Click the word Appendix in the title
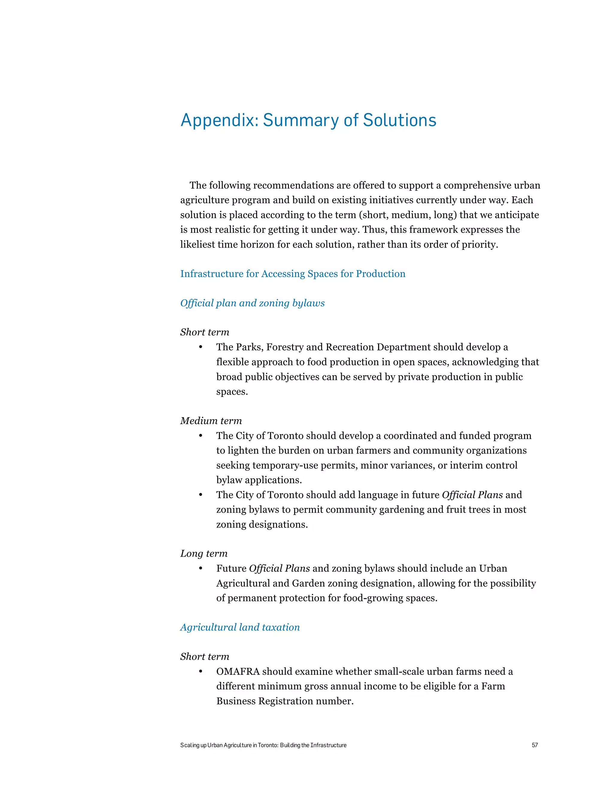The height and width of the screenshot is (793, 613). pyautogui.click(x=219, y=120)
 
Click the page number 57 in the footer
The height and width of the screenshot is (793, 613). pyautogui.click(x=535, y=745)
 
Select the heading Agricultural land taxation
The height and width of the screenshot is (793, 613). pyautogui.click(x=240, y=627)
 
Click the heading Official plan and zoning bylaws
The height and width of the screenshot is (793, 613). pyautogui.click(x=252, y=303)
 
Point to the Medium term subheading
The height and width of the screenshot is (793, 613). pyautogui.click(x=211, y=420)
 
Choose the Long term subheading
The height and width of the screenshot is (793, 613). pyautogui.click(x=204, y=553)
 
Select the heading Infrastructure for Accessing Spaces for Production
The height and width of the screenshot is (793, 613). pyautogui.click(x=293, y=274)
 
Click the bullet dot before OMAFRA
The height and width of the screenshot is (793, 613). pyautogui.click(x=201, y=672)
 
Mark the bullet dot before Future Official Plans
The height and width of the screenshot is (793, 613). pyautogui.click(x=201, y=568)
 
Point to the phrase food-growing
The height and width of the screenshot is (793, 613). pyautogui.click(x=367, y=598)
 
